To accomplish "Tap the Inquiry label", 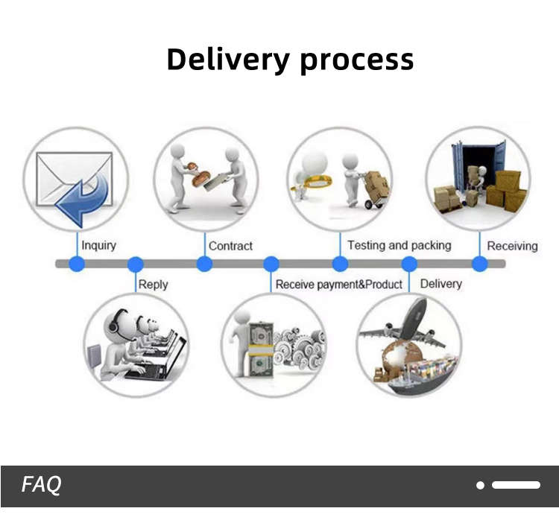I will [98, 245].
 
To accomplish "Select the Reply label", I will [154, 284].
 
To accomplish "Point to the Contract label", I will [230, 245].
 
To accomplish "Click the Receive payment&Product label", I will [338, 284].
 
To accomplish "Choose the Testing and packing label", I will [399, 245].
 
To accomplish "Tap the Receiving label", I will [512, 245].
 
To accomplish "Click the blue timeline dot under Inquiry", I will [77, 264].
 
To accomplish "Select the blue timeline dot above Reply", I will [135, 264].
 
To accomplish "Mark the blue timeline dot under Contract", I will [204, 264].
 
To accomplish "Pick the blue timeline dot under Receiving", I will [480, 264].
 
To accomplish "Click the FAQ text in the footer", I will [42, 485].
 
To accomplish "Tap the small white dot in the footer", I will [481, 485].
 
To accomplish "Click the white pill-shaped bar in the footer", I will [516, 485].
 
